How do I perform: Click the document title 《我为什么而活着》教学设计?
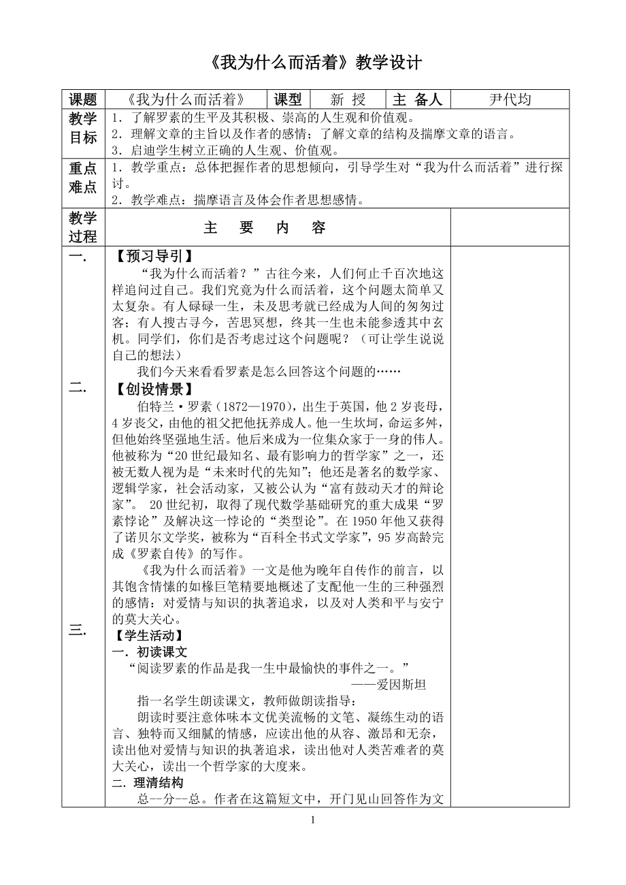(314, 63)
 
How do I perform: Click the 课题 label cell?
(83, 99)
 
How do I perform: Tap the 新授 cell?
(347, 99)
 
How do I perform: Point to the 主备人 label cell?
(418, 99)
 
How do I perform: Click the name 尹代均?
(510, 99)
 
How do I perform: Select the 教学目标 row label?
(83, 128)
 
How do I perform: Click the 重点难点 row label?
(83, 177)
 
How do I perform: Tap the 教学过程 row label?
(83, 227)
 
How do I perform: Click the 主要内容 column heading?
(265, 228)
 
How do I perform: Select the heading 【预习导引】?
(150, 257)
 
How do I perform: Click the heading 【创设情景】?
(150, 389)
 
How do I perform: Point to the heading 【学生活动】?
(150, 636)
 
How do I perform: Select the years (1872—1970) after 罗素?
(250, 406)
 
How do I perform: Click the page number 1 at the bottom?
(313, 820)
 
